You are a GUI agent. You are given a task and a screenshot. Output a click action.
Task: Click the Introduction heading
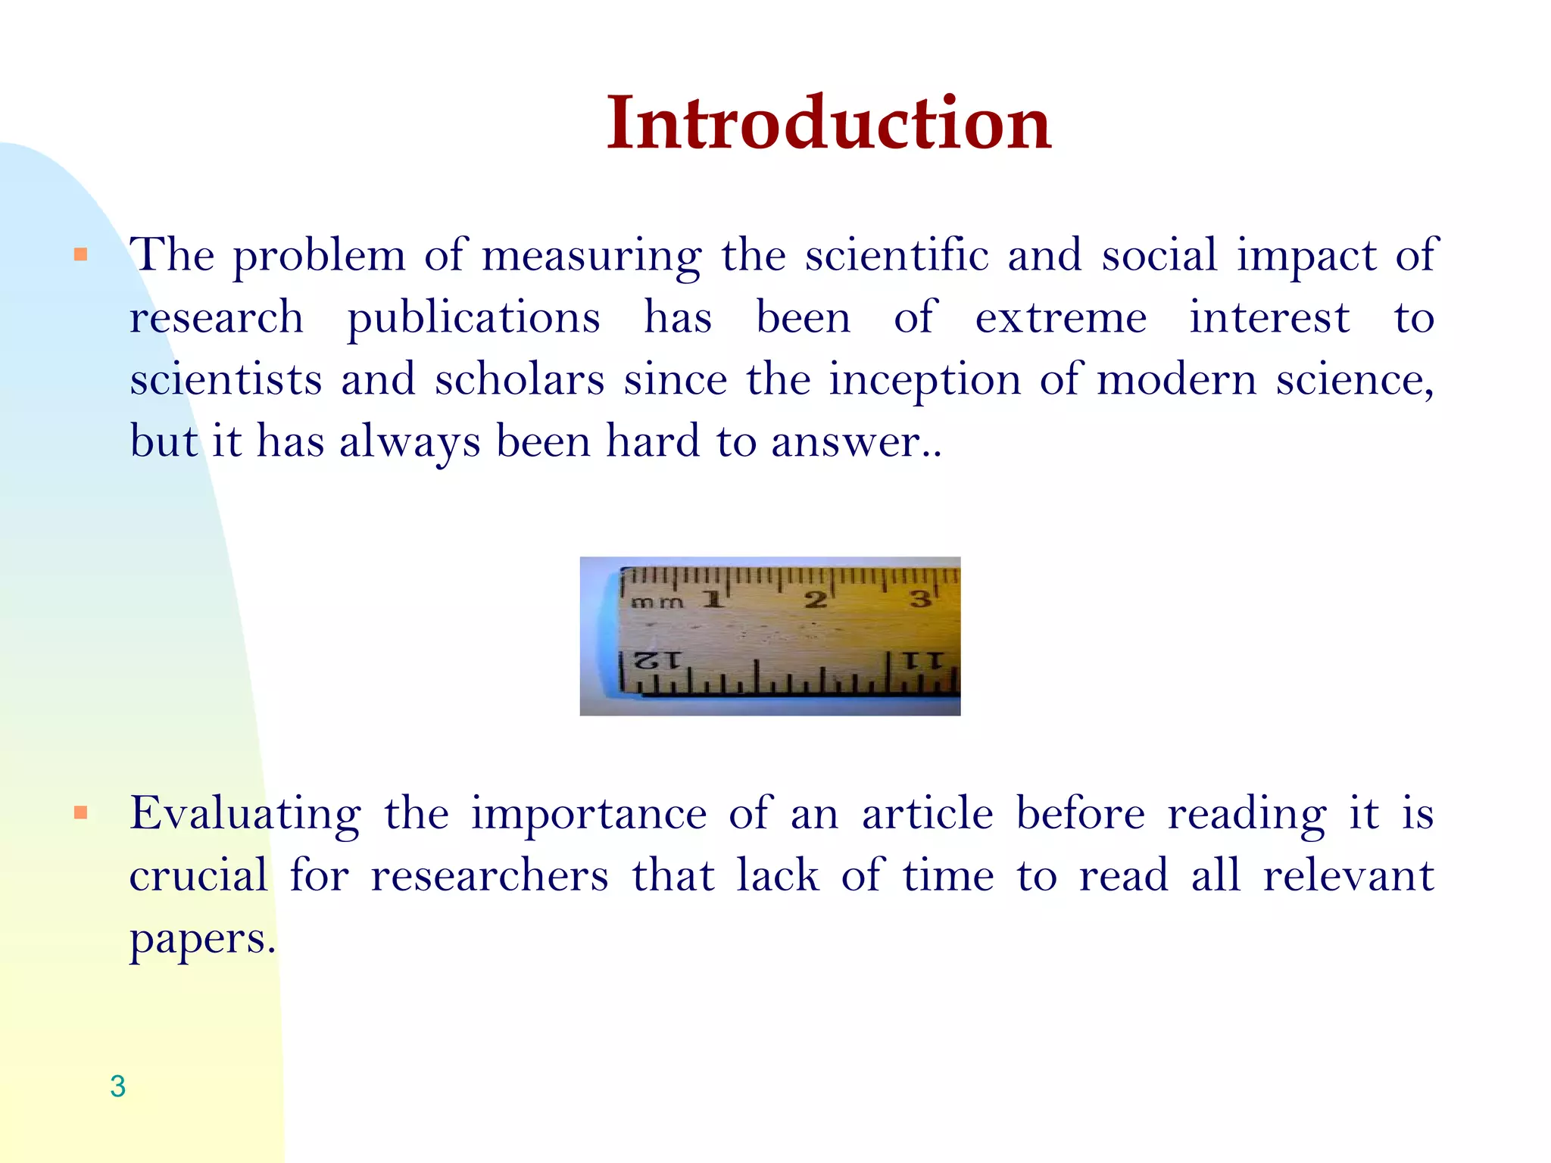(x=829, y=123)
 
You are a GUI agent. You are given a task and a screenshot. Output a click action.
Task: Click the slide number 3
(x=117, y=1086)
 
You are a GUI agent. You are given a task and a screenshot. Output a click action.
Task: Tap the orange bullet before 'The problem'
(x=81, y=254)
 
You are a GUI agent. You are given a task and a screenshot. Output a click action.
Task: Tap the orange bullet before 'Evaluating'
(x=81, y=813)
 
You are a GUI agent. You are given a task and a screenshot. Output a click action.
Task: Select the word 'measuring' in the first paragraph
(x=591, y=256)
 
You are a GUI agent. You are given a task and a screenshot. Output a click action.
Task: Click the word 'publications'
(x=473, y=318)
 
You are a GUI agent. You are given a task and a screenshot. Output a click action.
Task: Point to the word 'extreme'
(x=1060, y=318)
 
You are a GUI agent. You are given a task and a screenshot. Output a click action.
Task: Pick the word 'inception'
(x=924, y=380)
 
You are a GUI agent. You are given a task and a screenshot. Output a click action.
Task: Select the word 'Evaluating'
(x=245, y=815)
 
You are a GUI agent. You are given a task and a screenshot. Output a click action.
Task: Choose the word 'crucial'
(x=198, y=876)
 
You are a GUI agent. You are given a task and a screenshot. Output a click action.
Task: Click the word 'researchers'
(x=489, y=876)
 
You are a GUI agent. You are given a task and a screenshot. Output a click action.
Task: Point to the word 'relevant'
(x=1348, y=876)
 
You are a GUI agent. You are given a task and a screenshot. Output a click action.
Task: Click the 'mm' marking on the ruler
(x=657, y=603)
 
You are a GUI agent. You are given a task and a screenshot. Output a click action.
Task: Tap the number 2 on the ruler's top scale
(x=815, y=600)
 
